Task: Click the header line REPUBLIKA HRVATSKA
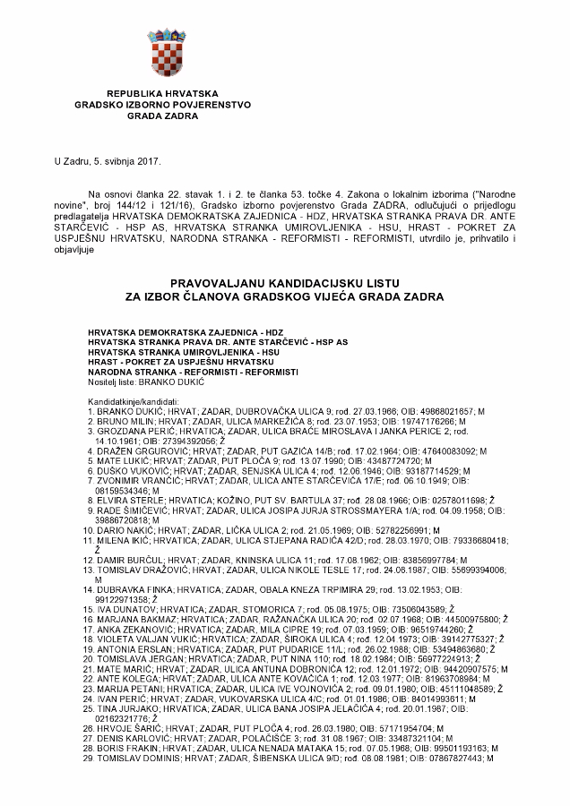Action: [151, 93]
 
